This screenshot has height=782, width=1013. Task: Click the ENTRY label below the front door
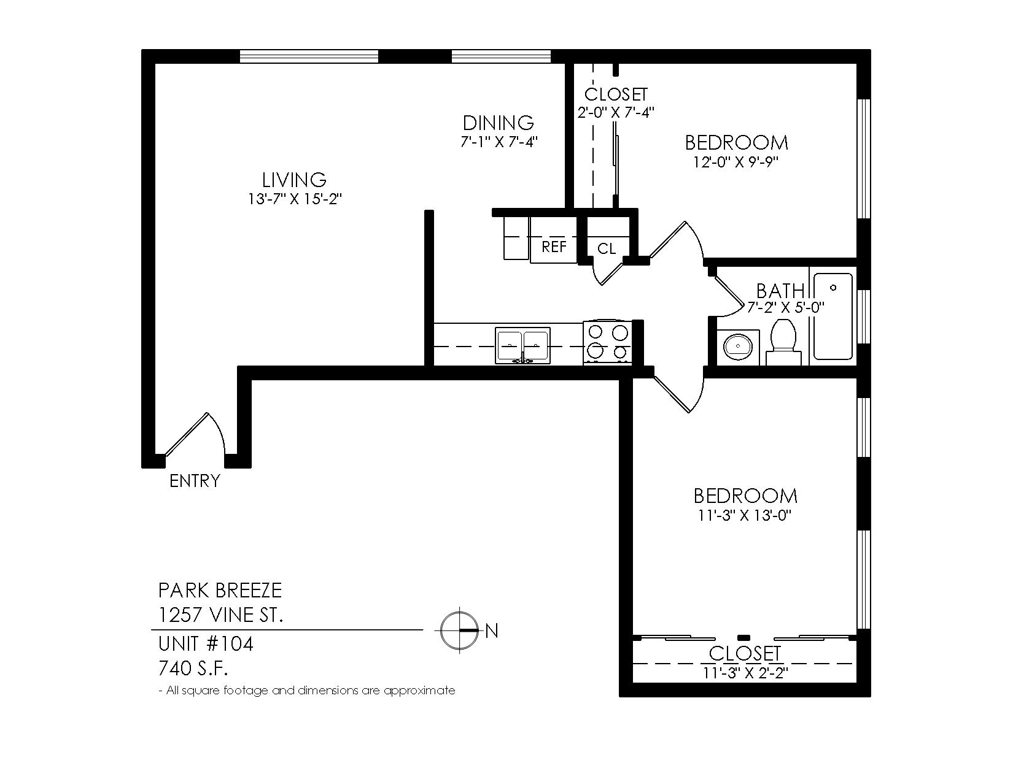click(195, 481)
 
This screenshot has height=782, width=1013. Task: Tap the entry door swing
click(196, 433)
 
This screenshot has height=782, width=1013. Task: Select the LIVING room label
click(294, 180)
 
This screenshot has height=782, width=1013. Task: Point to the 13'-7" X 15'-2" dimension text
click(295, 199)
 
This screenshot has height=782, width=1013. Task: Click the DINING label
click(499, 123)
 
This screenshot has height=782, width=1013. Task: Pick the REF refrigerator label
click(554, 247)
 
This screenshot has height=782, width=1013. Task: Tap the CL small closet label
click(607, 249)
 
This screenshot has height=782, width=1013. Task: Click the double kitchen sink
click(522, 345)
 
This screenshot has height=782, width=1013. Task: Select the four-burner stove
click(607, 343)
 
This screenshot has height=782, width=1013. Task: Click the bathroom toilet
click(783, 342)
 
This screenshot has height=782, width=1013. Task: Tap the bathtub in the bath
click(833, 316)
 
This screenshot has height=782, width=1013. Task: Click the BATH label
click(780, 291)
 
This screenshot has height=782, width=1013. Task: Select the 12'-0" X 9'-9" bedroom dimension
click(737, 162)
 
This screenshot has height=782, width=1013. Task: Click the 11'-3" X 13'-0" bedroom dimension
click(745, 516)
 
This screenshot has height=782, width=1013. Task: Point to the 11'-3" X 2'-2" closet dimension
click(745, 673)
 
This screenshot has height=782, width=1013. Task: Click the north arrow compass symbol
click(460, 630)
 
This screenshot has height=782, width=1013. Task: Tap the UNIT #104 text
click(206, 643)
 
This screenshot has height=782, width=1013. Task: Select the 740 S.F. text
click(193, 669)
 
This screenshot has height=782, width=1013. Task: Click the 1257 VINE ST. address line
click(220, 615)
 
